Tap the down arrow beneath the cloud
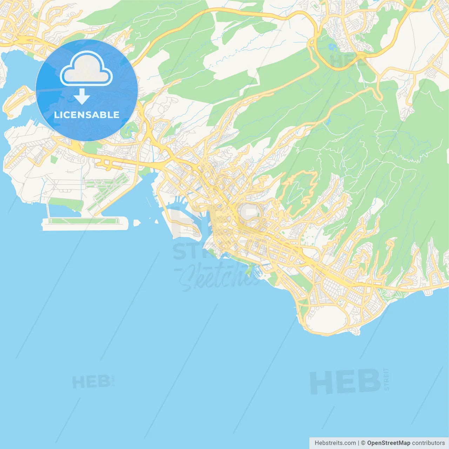point(82,96)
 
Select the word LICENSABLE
point(87,115)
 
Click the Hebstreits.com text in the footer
point(335,443)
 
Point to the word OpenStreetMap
point(388,443)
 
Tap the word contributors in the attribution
point(428,443)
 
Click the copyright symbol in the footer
point(363,443)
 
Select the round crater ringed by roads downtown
point(250,212)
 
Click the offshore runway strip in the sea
point(84,222)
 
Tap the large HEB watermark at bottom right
point(345,382)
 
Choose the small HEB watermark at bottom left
point(91,382)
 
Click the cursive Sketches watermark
point(217,277)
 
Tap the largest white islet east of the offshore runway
point(137,222)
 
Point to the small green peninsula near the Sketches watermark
point(249,271)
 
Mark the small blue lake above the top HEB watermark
point(332,46)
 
